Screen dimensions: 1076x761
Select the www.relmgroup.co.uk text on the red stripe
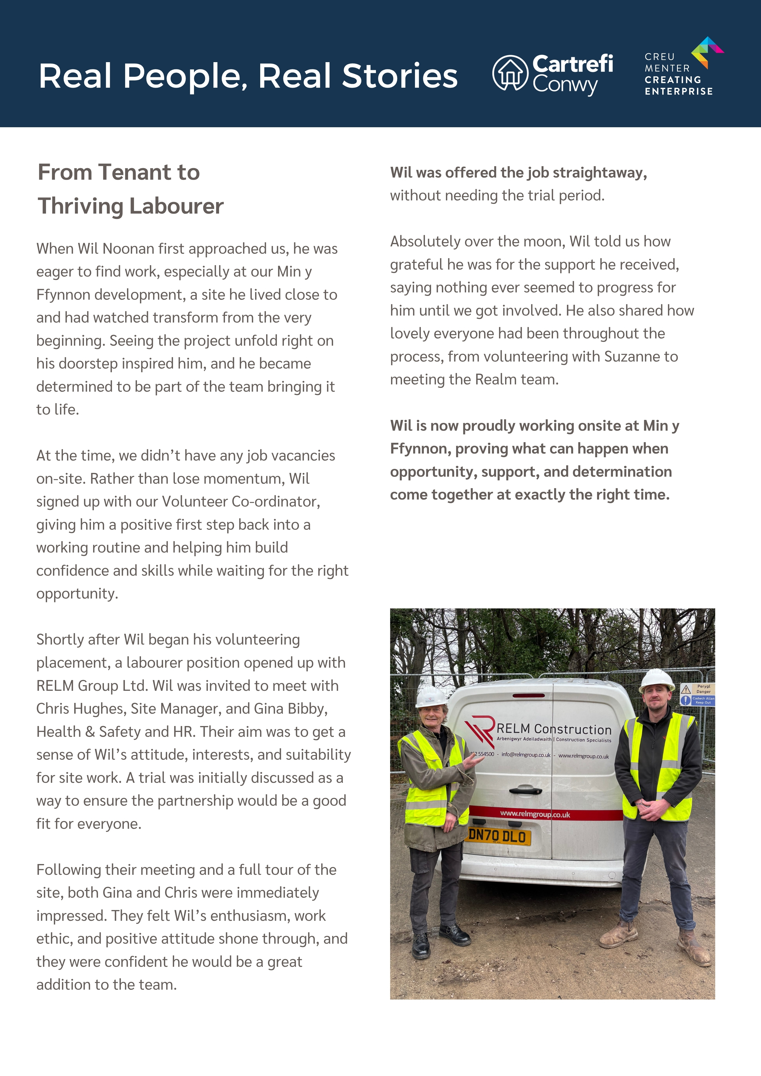coord(535,814)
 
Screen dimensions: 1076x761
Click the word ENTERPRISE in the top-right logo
coord(678,92)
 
